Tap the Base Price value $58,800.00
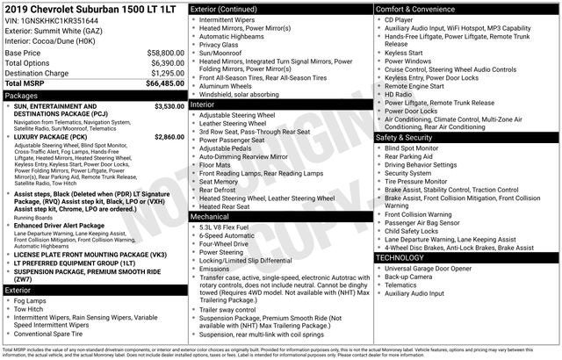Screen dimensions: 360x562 tap(164, 53)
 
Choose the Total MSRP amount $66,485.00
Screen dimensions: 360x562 tap(164, 84)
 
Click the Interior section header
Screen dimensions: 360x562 tap(203, 104)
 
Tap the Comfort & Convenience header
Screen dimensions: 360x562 tap(420, 8)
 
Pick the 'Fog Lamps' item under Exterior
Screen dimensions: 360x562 tap(31, 300)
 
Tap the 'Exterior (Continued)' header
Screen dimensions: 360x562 tap(223, 8)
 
